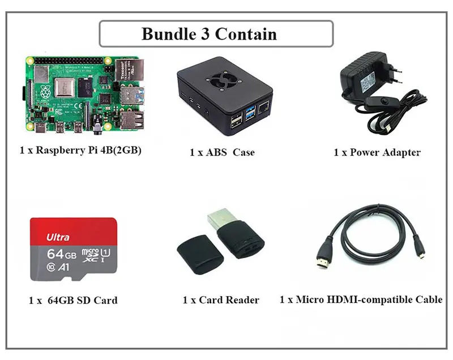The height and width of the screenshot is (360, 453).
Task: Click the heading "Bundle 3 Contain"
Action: coord(209,33)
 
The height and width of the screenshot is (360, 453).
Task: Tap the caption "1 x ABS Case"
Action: coord(222,152)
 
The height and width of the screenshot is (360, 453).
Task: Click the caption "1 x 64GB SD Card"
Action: coord(73,300)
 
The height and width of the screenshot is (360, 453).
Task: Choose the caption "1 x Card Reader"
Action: coord(221,300)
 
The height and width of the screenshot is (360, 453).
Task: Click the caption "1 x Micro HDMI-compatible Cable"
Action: coord(361,299)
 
